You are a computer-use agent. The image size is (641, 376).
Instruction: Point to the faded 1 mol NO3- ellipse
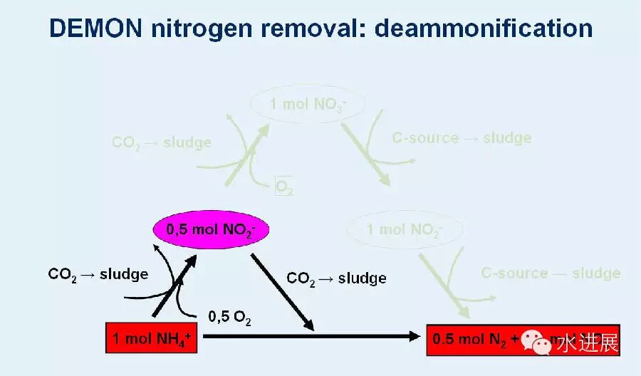point(308,105)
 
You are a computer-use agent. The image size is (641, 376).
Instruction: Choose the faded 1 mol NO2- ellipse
point(405,230)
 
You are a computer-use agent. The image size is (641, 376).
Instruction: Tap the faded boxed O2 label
point(283,187)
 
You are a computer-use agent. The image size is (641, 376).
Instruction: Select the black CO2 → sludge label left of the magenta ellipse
point(98,273)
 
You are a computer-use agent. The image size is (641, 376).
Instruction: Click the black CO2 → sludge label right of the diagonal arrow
point(336,278)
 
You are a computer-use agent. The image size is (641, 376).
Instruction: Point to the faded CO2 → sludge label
point(162,142)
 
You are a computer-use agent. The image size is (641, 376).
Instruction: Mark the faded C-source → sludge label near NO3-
point(462,138)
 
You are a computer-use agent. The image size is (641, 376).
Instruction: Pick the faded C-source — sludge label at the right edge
point(551,273)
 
